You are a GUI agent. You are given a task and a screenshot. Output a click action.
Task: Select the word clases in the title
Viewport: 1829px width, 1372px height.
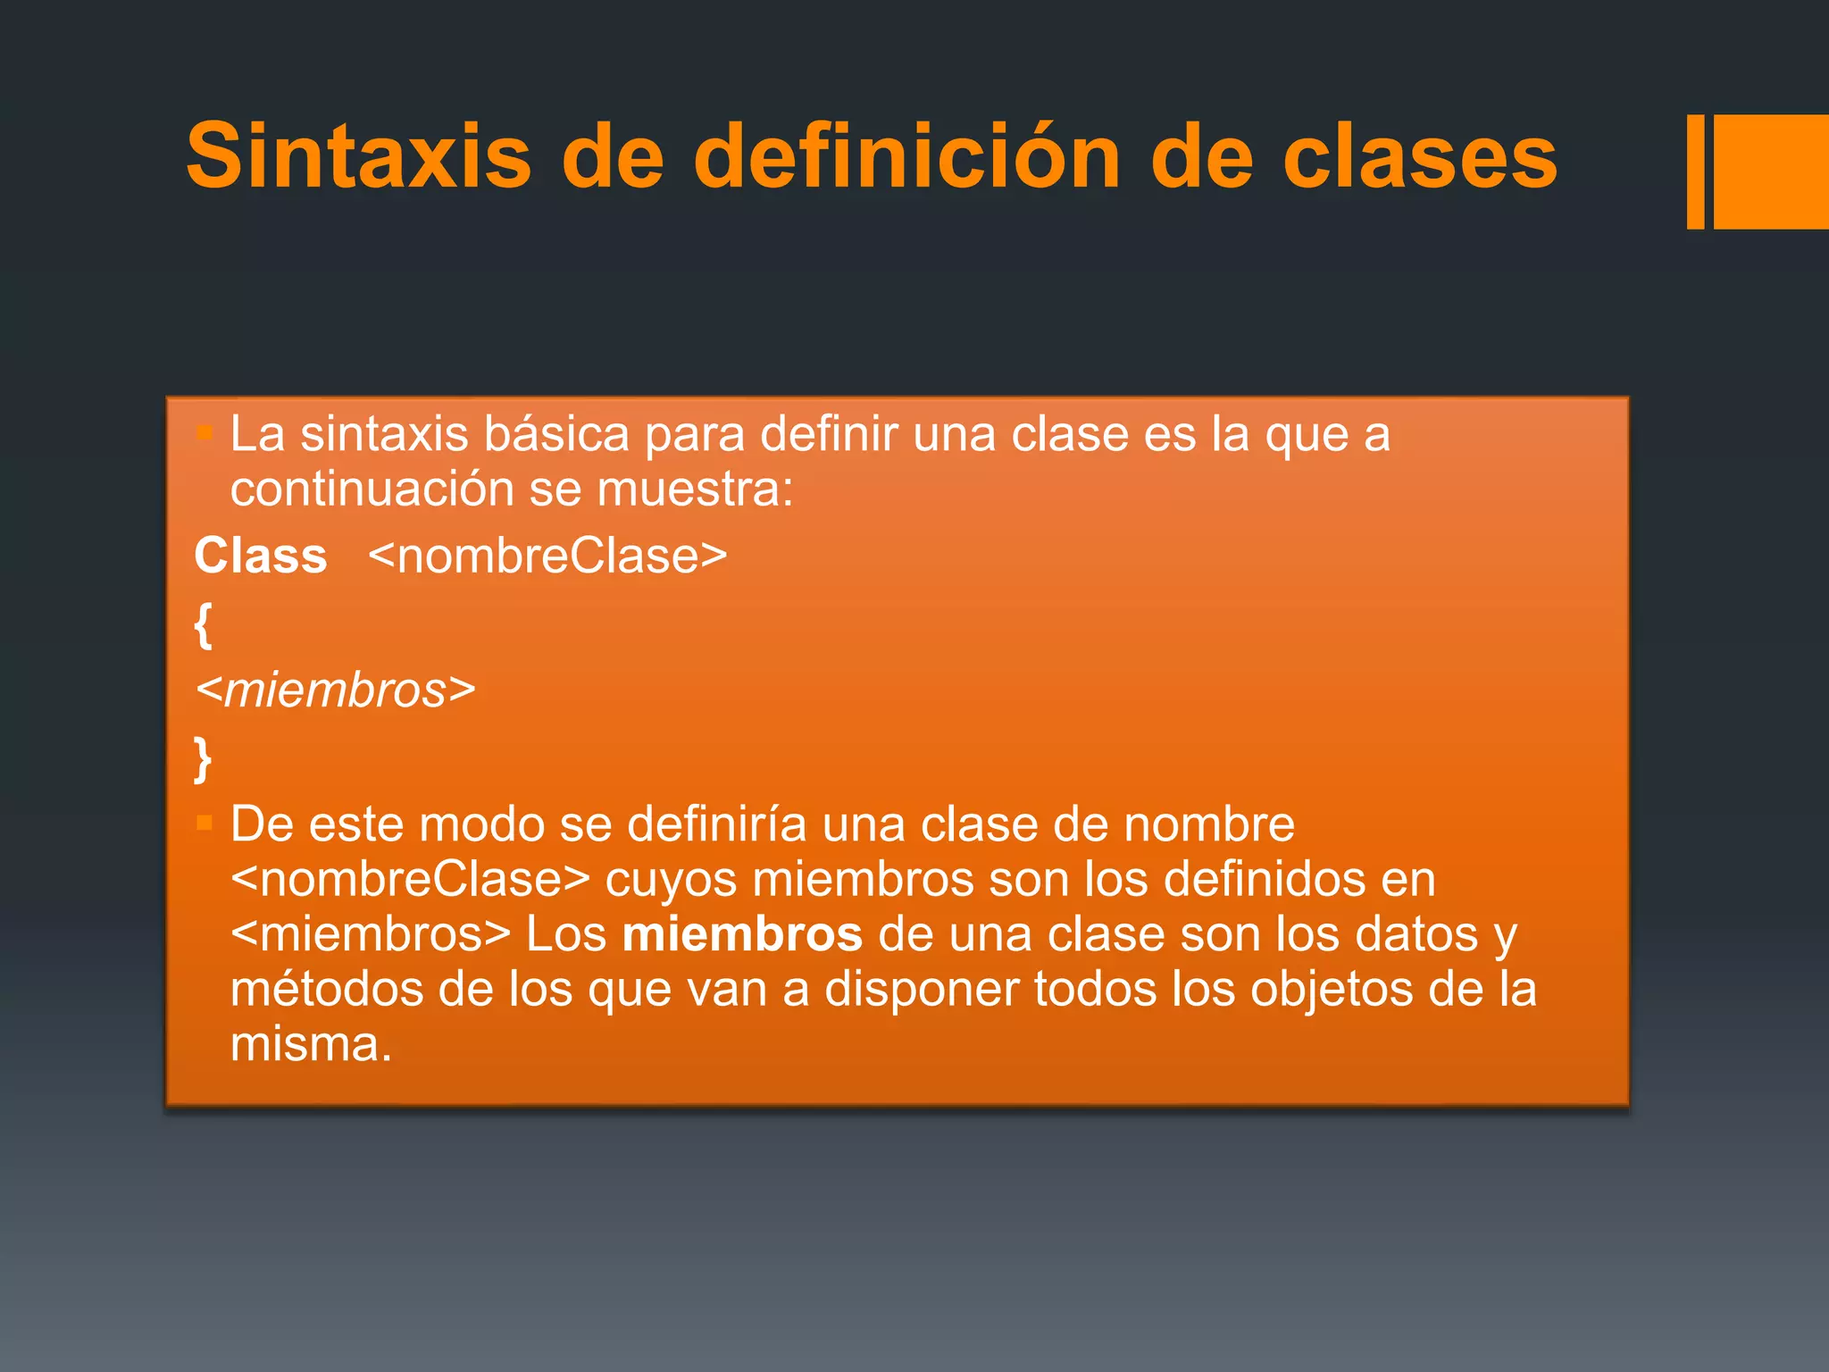pyautogui.click(x=1420, y=158)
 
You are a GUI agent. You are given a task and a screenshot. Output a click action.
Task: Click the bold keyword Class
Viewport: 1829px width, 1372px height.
pyautogui.click(x=261, y=556)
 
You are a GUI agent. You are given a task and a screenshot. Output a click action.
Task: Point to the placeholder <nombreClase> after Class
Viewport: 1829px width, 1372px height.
pyautogui.click(x=547, y=556)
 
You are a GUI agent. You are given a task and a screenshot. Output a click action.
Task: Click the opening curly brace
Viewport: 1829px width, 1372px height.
pyautogui.click(x=204, y=624)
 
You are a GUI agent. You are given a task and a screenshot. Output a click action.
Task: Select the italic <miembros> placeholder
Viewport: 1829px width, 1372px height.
pyautogui.click(x=336, y=690)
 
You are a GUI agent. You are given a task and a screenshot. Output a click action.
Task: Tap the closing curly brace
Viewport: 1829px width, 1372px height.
pyautogui.click(x=204, y=758)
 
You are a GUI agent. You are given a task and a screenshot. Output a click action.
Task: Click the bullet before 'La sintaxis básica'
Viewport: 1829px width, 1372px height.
pyautogui.click(x=205, y=434)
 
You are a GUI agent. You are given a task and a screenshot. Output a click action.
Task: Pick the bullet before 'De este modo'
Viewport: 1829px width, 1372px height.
pyautogui.click(x=205, y=823)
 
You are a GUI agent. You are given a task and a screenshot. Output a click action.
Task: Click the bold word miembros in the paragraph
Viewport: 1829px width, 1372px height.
pyautogui.click(x=742, y=934)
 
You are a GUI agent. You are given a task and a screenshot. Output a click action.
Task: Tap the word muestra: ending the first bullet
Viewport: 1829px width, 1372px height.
pyautogui.click(x=695, y=489)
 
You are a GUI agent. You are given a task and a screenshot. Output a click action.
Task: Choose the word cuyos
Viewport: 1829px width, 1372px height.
pyautogui.click(x=671, y=880)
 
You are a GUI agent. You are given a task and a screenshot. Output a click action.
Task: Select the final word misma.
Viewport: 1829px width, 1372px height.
pyautogui.click(x=311, y=1045)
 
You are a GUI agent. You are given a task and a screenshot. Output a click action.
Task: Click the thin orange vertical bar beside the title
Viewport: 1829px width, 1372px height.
pyautogui.click(x=1695, y=171)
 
